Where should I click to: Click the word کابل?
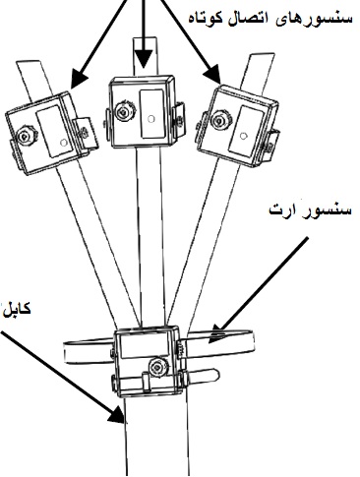point(17,308)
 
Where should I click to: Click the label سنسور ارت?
point(310,209)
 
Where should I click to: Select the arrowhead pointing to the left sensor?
point(78,78)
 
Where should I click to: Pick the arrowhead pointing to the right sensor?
point(211,73)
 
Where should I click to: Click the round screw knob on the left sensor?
point(27,136)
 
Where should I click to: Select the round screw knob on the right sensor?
point(219,118)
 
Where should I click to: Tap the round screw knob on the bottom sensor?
point(158,367)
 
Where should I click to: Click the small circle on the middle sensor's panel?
point(150,119)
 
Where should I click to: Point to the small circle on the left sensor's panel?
point(64,142)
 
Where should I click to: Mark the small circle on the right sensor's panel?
point(243,136)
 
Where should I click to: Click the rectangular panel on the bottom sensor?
point(145,347)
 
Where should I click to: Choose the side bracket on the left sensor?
point(86,134)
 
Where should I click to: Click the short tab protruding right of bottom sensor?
point(200,376)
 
